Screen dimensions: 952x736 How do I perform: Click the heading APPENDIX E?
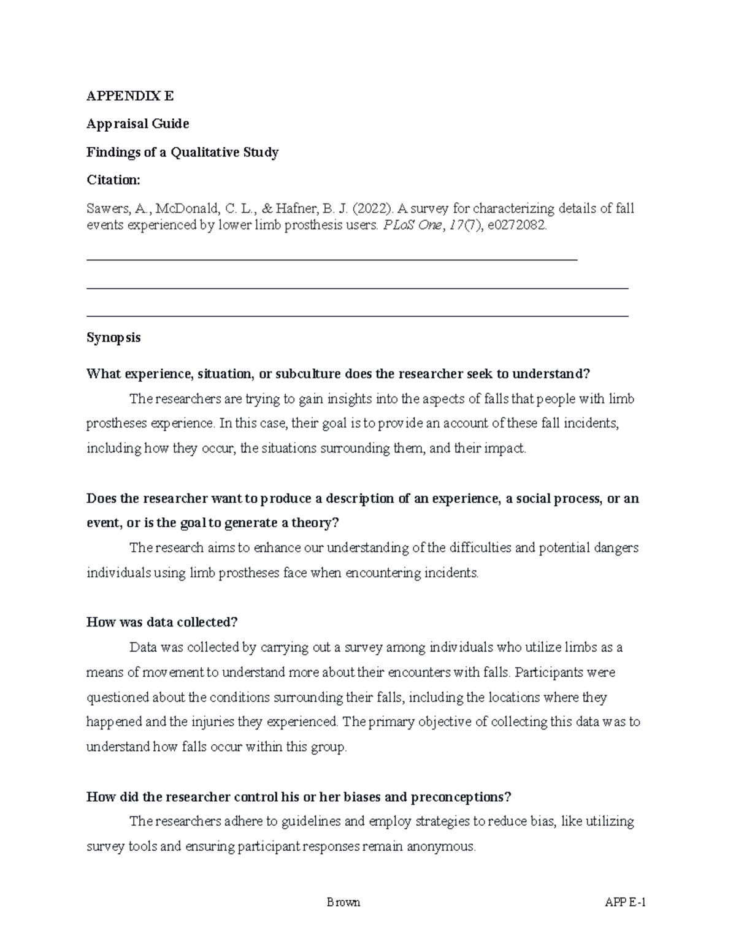coord(130,96)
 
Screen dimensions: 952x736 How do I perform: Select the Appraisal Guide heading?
coord(137,124)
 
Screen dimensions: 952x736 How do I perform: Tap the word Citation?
coord(113,180)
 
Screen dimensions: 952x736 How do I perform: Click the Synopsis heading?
coord(113,338)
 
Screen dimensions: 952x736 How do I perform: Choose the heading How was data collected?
coord(162,622)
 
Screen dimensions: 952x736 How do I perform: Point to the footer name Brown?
coord(343,902)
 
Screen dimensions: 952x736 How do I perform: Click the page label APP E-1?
coord(626,902)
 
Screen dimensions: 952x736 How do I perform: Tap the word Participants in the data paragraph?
coord(550,672)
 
